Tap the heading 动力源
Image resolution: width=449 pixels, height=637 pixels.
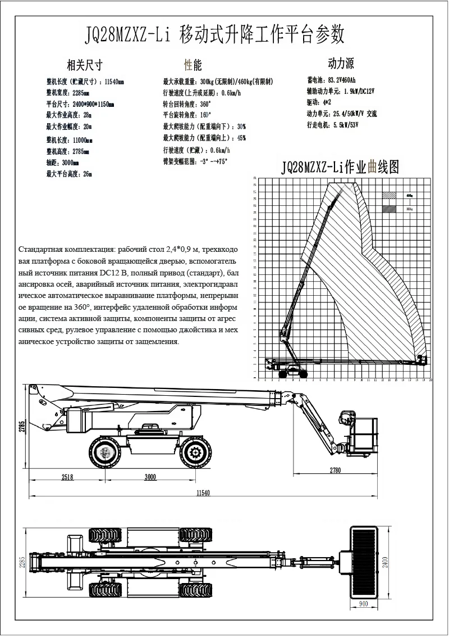(341, 63)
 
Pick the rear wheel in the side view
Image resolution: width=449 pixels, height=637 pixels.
(104, 452)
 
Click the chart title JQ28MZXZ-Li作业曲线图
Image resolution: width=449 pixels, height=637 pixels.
(340, 167)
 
